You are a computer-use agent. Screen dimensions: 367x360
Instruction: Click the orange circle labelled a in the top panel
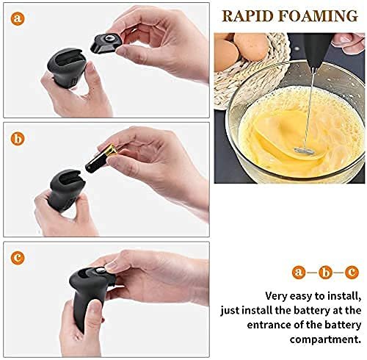pos(18,18)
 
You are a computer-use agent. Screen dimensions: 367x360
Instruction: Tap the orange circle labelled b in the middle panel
pos(18,139)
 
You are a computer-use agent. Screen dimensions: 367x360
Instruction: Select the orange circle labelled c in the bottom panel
pos(18,258)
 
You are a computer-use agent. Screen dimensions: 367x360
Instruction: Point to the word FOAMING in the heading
pos(319,16)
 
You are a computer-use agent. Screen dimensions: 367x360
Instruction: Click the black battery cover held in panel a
pos(106,43)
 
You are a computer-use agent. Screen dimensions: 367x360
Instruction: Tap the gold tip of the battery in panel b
pos(113,150)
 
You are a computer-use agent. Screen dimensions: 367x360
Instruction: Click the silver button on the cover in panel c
pos(101,270)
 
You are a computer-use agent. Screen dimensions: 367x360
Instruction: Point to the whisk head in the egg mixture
pos(305,150)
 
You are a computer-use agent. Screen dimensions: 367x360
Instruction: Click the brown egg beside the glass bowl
pos(252,46)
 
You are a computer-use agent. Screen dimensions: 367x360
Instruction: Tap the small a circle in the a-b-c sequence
pos(299,272)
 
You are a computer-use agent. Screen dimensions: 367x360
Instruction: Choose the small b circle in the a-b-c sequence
pos(325,272)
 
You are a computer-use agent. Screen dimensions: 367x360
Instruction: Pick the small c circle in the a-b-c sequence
pos(352,272)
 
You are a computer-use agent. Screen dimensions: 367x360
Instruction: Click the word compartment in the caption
pos(325,339)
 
